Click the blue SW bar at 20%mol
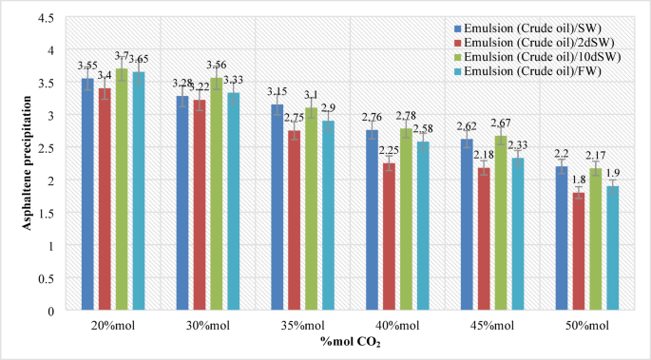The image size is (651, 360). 87,195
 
